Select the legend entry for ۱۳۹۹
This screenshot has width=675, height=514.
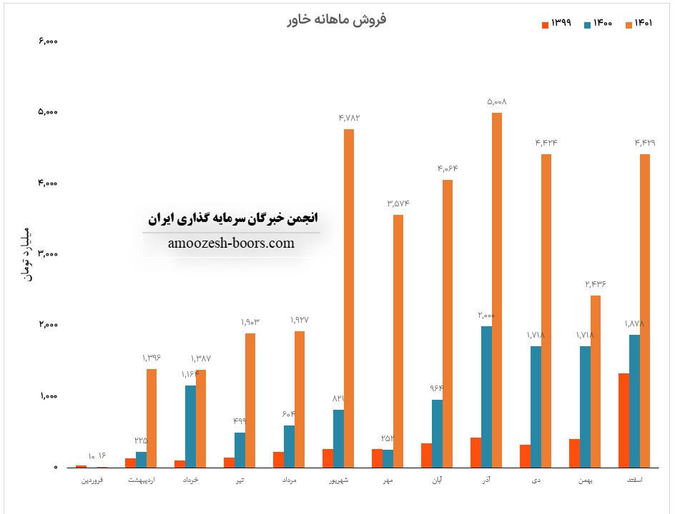tap(556, 24)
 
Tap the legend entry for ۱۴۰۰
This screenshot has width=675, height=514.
tap(598, 24)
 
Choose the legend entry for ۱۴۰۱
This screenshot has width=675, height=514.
tap(641, 24)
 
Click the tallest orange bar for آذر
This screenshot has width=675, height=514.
tap(497, 290)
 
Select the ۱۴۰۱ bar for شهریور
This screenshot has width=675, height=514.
tap(349, 298)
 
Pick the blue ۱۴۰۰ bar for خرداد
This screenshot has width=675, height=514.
tap(190, 426)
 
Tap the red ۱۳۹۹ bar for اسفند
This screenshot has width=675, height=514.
tap(624, 420)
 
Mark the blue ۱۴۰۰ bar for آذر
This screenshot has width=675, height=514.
tap(486, 397)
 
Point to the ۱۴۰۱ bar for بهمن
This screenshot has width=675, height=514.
tap(596, 381)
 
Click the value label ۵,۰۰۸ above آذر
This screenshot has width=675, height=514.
tap(497, 102)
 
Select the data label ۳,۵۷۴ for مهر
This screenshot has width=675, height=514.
tap(398, 204)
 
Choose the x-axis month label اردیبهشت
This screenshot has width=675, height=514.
tap(141, 480)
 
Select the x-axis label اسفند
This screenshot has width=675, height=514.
tap(634, 480)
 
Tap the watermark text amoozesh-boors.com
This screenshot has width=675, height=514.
tap(231, 243)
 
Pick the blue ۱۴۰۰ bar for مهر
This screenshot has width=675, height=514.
tap(388, 458)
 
